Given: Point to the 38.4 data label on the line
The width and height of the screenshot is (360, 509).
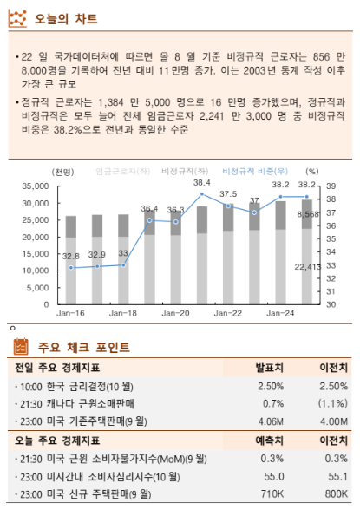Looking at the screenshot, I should tap(201, 183).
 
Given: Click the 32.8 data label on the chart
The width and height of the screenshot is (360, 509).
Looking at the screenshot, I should tap(71, 256).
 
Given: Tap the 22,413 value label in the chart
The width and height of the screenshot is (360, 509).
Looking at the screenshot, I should tap(307, 266).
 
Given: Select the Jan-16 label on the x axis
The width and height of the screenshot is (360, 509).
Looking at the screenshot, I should tap(70, 312).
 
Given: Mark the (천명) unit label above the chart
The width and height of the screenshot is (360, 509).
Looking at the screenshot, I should tap(62, 172).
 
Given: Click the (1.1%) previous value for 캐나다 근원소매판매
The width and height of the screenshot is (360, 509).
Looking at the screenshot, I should tap(331, 403).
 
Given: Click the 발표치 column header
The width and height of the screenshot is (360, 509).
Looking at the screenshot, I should tap(271, 368).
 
